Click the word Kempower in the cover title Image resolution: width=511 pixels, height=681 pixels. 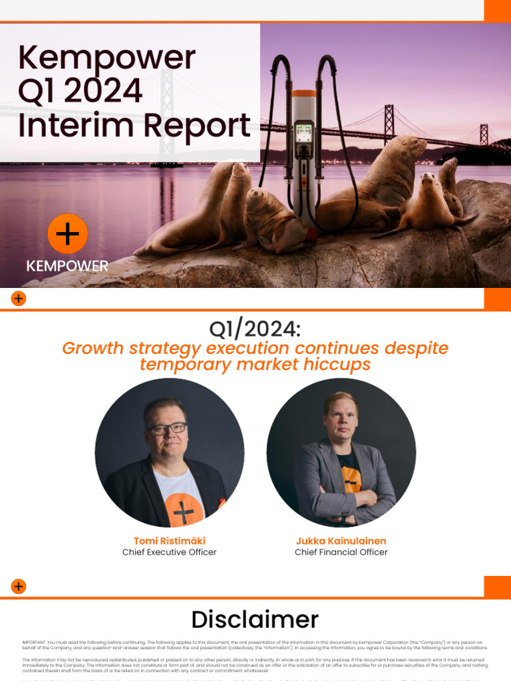106,59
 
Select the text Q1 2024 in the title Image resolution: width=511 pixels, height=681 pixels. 80,92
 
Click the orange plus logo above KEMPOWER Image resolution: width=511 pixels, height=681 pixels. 67,234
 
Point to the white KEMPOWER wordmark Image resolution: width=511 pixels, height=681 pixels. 67,266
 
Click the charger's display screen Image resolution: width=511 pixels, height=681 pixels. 303,133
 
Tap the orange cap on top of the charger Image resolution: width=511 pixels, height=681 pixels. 303,93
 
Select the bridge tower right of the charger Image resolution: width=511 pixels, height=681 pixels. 389,123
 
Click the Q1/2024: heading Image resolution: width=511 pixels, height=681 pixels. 255,329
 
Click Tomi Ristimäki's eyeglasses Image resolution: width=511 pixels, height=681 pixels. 167,429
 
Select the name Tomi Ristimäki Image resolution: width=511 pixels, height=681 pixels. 169,541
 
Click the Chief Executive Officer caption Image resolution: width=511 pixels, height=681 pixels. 169,552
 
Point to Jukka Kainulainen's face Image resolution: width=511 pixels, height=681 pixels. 341,418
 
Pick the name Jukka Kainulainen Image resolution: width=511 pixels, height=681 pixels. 341,541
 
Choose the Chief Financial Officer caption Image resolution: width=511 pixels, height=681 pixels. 341,552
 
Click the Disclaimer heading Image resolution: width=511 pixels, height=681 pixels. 255,620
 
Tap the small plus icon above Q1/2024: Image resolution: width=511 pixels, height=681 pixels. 19,299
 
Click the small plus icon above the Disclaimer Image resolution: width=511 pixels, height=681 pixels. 19,586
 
